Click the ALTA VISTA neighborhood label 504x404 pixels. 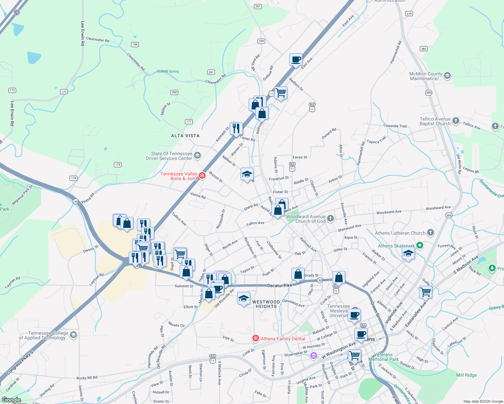tap(185, 136)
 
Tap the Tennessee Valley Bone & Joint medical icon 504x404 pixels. tap(202, 175)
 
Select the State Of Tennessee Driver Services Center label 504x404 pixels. tap(169, 156)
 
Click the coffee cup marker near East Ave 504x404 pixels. tap(296, 60)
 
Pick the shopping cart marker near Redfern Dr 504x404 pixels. tap(281, 92)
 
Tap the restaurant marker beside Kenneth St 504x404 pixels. tap(236, 128)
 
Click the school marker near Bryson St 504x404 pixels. tap(247, 174)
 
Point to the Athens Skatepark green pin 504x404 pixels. tap(419, 245)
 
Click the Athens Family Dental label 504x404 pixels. tap(283, 339)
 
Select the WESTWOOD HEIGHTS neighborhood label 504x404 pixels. tap(266, 304)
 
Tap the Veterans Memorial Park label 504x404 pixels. tap(383, 357)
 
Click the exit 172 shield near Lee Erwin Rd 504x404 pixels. tap(12, 90)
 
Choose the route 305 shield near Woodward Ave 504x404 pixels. tap(449, 215)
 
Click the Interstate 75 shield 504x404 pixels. tap(17, 12)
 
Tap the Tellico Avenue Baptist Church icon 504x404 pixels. tap(455, 121)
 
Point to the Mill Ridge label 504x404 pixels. tap(466, 375)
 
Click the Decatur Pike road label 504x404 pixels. tap(280, 285)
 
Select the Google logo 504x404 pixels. tap(11, 400)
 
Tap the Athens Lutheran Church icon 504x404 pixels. tap(430, 233)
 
